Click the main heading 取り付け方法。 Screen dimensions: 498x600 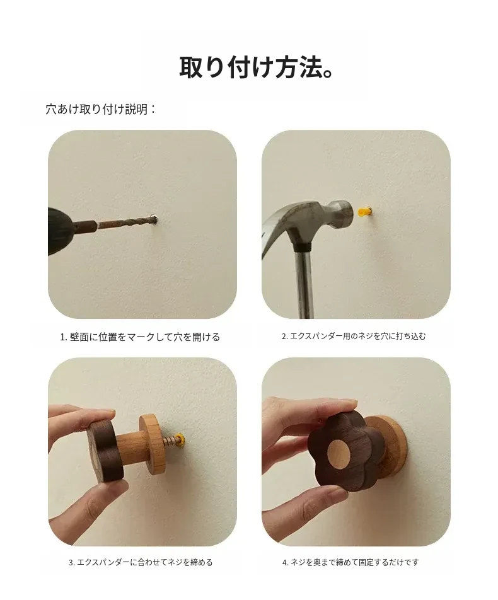pyautogui.click(x=256, y=67)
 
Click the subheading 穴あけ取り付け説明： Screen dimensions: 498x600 pyautogui.click(x=101, y=110)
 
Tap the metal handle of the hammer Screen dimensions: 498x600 pyautogui.click(x=305, y=283)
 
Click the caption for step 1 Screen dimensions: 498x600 pyautogui.click(x=140, y=337)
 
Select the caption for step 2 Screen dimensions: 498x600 pyautogui.click(x=354, y=337)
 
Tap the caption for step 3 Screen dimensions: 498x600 pyautogui.click(x=141, y=562)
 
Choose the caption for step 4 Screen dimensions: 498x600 pyautogui.click(x=350, y=562)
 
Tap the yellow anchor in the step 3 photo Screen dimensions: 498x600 pyautogui.click(x=183, y=439)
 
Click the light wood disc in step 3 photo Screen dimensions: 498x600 pyautogui.click(x=152, y=444)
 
